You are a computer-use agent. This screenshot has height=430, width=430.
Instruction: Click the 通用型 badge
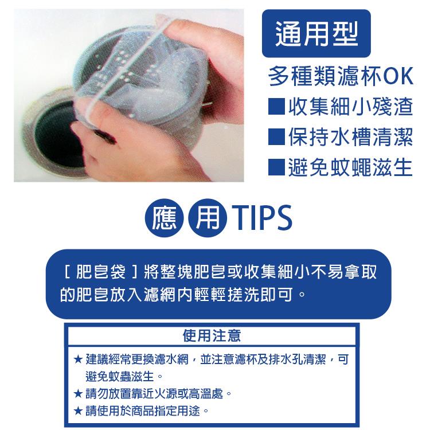[x=316, y=33]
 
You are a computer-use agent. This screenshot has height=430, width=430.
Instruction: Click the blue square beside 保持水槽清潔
[x=276, y=137]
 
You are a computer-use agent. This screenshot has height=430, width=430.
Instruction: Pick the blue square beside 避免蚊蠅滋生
[x=276, y=167]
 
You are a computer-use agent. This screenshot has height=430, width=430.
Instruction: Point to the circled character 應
[x=165, y=218]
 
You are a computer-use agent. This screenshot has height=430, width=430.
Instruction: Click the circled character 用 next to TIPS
[x=208, y=218]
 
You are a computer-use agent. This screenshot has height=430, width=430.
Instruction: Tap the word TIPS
[x=262, y=218]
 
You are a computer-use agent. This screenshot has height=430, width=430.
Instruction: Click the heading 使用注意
[x=212, y=335]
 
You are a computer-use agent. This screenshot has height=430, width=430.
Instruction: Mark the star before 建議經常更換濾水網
[x=78, y=359]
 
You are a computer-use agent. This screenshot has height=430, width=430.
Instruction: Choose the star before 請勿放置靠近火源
[x=78, y=394]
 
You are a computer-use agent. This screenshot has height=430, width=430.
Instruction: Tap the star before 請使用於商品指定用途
[x=78, y=411]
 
